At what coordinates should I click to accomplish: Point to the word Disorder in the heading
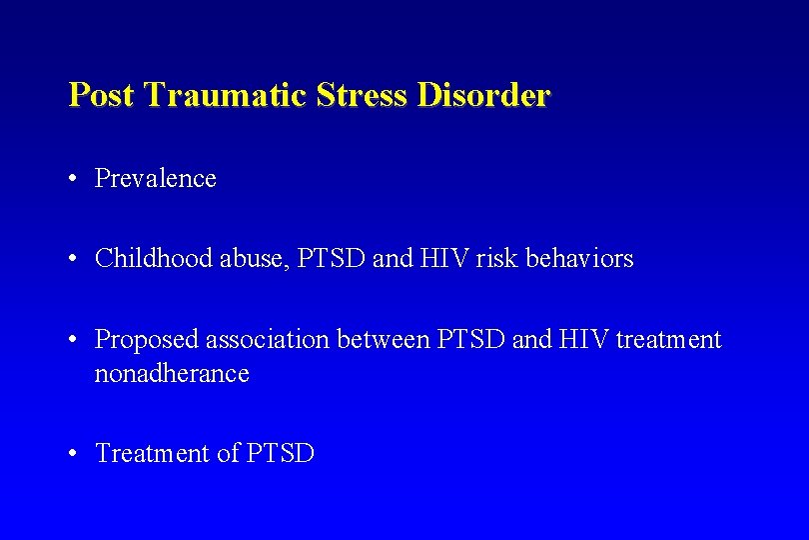point(483,96)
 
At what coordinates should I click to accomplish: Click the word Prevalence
point(155,179)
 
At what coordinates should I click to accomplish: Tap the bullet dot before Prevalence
point(74,179)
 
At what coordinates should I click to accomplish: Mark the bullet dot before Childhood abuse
point(74,259)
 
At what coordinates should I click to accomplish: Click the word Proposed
point(147,340)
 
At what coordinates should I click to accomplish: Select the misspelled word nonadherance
point(171,374)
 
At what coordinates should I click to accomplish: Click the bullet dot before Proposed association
point(74,340)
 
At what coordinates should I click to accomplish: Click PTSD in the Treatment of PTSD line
point(281,454)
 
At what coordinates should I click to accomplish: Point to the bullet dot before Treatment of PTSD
point(74,454)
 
